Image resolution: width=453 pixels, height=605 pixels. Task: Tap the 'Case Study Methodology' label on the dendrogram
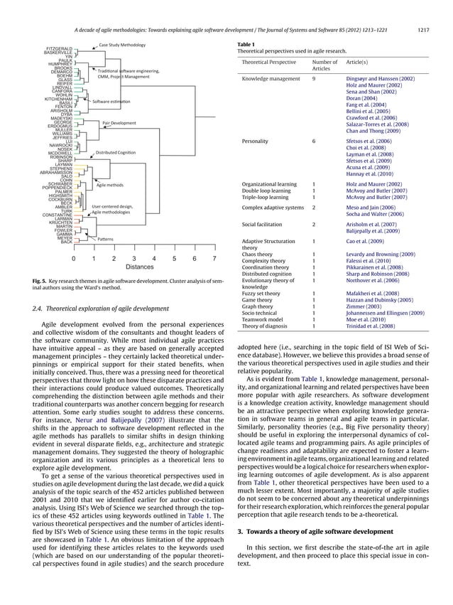[x=122, y=45]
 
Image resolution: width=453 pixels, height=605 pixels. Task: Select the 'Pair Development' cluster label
[x=119, y=123]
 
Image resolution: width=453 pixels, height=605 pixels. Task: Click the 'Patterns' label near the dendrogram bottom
[x=106, y=239]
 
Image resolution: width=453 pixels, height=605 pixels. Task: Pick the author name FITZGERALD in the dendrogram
[x=58, y=48]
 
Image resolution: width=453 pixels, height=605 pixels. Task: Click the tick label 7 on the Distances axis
[x=214, y=259]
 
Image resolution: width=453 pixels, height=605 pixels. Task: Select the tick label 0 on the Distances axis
[x=74, y=259]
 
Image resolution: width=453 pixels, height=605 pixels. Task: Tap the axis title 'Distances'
[x=139, y=268]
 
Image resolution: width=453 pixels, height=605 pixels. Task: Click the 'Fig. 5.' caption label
[x=41, y=282]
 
